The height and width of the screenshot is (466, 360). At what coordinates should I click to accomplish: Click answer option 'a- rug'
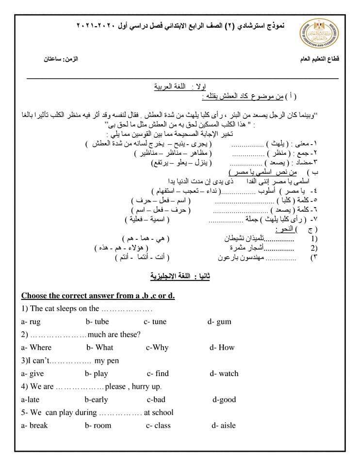[31, 321]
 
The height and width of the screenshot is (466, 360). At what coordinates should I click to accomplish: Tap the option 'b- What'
[100, 347]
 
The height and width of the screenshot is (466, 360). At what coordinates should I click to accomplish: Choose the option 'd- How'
[222, 347]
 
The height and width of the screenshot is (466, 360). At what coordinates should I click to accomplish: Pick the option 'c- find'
[158, 373]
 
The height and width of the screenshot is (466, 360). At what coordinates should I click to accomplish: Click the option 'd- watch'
[224, 373]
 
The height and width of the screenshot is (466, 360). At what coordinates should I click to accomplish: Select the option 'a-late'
[30, 399]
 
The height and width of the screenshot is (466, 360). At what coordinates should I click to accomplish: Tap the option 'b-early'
[96, 399]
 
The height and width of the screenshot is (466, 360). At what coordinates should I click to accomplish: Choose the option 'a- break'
[34, 425]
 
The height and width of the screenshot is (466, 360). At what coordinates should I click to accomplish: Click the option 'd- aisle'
[224, 425]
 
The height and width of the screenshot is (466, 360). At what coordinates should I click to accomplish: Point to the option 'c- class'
[158, 425]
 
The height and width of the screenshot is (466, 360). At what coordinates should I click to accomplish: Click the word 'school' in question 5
[163, 413]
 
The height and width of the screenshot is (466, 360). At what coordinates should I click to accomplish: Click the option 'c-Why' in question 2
[157, 347]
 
